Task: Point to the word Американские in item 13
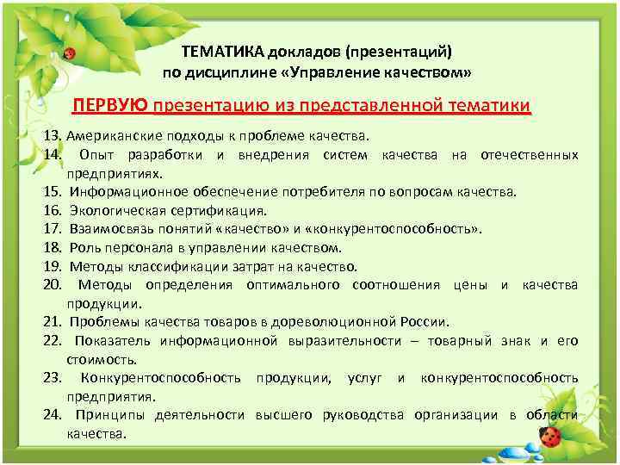108,136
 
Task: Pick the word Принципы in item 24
108,415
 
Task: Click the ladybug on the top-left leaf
70,53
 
